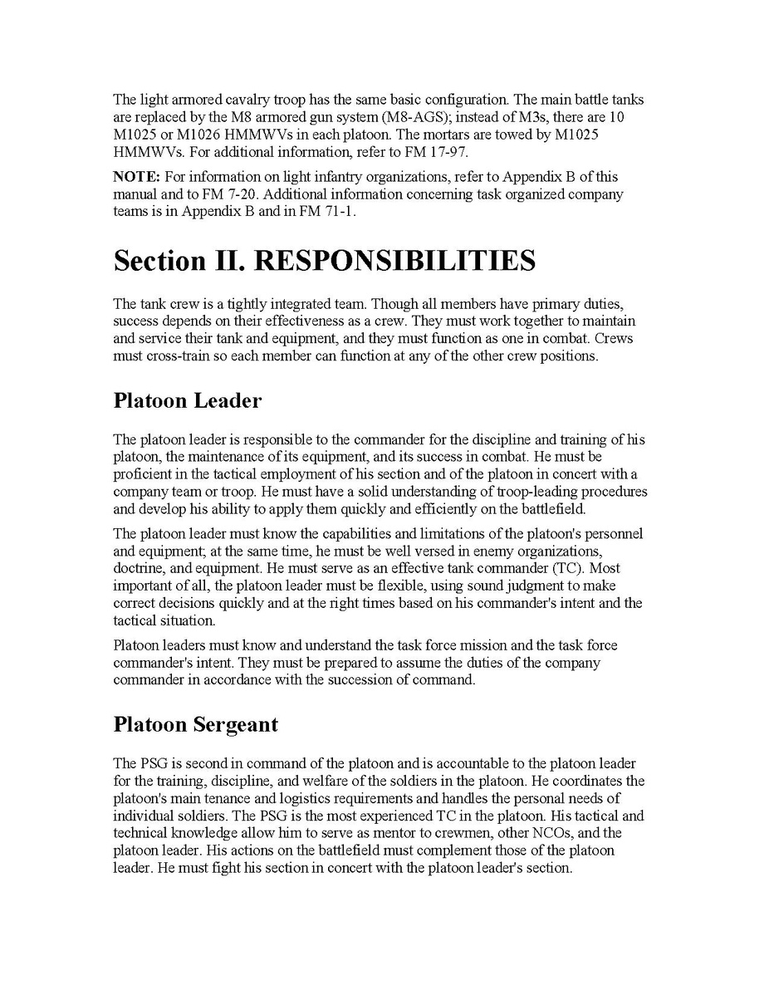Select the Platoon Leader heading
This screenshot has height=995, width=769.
click(187, 400)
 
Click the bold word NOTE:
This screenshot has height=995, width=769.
click(136, 177)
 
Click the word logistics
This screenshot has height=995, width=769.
click(282, 799)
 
